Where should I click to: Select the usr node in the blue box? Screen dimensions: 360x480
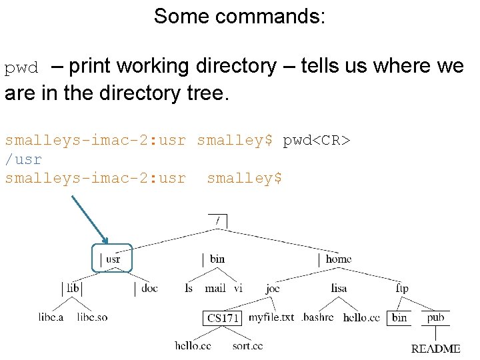click(x=113, y=259)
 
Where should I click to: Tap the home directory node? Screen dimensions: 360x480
click(x=338, y=259)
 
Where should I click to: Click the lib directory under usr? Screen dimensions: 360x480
click(x=73, y=288)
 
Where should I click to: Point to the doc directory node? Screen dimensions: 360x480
click(x=149, y=288)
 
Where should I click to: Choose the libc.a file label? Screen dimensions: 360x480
click(x=51, y=317)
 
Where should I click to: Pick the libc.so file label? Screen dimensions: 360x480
click(x=92, y=317)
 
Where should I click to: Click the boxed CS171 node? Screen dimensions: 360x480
click(x=223, y=318)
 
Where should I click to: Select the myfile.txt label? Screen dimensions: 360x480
click(x=271, y=317)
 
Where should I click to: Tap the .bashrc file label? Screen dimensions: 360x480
click(x=317, y=317)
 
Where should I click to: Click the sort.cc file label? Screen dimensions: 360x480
click(x=247, y=345)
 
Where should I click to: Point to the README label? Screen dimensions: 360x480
click(x=435, y=349)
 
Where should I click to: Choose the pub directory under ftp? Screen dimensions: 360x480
click(x=435, y=317)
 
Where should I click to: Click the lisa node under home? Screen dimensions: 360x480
click(x=339, y=288)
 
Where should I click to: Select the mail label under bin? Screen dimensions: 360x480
click(x=215, y=288)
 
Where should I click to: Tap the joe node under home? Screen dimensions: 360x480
click(x=272, y=288)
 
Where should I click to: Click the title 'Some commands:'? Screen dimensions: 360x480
click(x=239, y=16)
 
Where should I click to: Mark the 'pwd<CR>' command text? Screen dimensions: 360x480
click(x=317, y=141)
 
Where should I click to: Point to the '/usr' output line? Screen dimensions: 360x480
click(x=23, y=159)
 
